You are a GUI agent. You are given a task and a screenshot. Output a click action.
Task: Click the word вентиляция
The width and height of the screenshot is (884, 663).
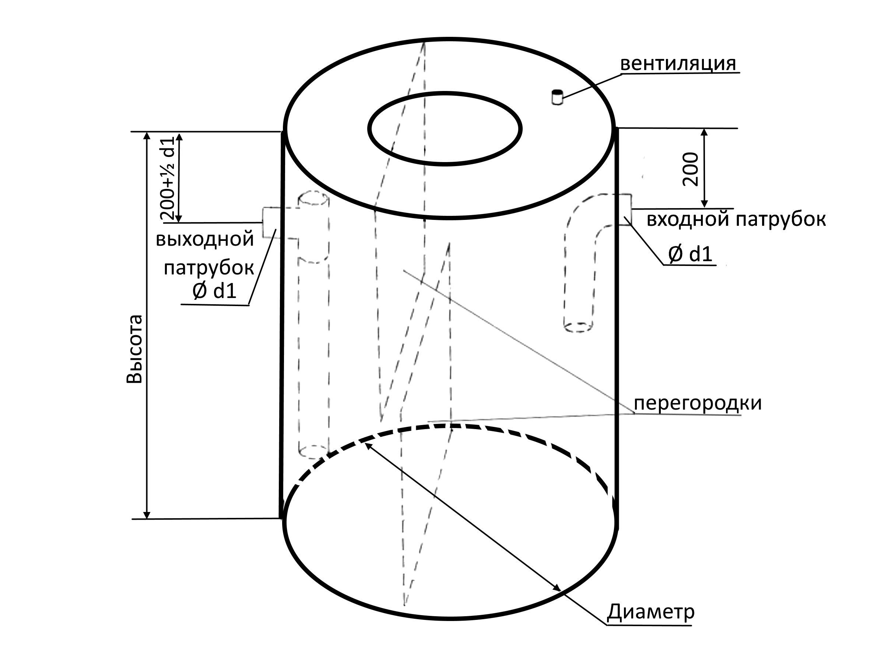click(x=678, y=64)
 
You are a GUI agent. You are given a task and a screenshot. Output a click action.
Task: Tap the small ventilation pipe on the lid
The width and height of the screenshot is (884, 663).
click(x=557, y=98)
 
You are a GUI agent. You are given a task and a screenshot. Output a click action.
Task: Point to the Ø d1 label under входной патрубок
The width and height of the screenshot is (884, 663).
click(x=690, y=254)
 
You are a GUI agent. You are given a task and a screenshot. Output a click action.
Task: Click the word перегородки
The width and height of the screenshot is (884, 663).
click(x=698, y=403)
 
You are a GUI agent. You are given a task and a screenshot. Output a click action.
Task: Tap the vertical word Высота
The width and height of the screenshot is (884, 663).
click(x=134, y=349)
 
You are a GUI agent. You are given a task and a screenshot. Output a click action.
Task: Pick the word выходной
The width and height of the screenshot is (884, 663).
click(x=205, y=239)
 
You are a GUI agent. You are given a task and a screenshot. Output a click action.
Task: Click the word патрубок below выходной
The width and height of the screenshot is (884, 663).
click(x=209, y=268)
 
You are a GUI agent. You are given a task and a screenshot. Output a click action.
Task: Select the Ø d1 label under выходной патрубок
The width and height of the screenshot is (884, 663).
click(x=215, y=291)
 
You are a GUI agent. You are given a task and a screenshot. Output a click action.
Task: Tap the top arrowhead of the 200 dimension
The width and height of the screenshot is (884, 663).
click(x=705, y=132)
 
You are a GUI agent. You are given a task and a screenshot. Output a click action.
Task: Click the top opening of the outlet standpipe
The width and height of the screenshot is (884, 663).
click(x=314, y=199)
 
